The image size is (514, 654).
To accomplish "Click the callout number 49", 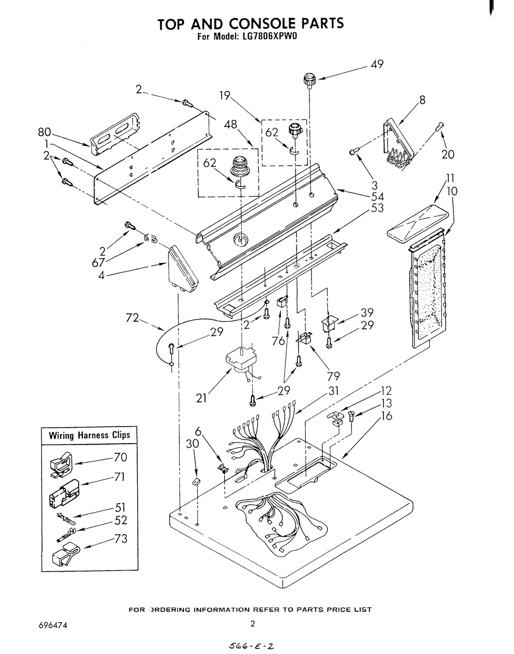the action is [377, 64].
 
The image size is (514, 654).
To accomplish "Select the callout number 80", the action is [44, 132].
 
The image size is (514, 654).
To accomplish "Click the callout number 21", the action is [201, 398].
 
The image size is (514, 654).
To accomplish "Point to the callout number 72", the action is [132, 318].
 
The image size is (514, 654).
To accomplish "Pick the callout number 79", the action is [334, 377].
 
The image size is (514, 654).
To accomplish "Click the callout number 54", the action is [377, 197].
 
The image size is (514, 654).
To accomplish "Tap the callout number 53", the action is [377, 208].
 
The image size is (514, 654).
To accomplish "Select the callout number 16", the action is [387, 415].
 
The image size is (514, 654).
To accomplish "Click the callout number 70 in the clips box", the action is [120, 457].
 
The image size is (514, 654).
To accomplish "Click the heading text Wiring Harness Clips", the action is [89, 435].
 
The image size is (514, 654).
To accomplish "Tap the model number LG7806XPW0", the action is [265, 37].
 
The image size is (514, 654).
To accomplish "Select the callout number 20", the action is [448, 154].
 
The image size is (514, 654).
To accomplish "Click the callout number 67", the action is [98, 262].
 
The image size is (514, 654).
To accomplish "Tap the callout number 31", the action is [334, 391].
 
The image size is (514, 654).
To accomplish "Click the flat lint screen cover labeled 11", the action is [418, 224].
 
